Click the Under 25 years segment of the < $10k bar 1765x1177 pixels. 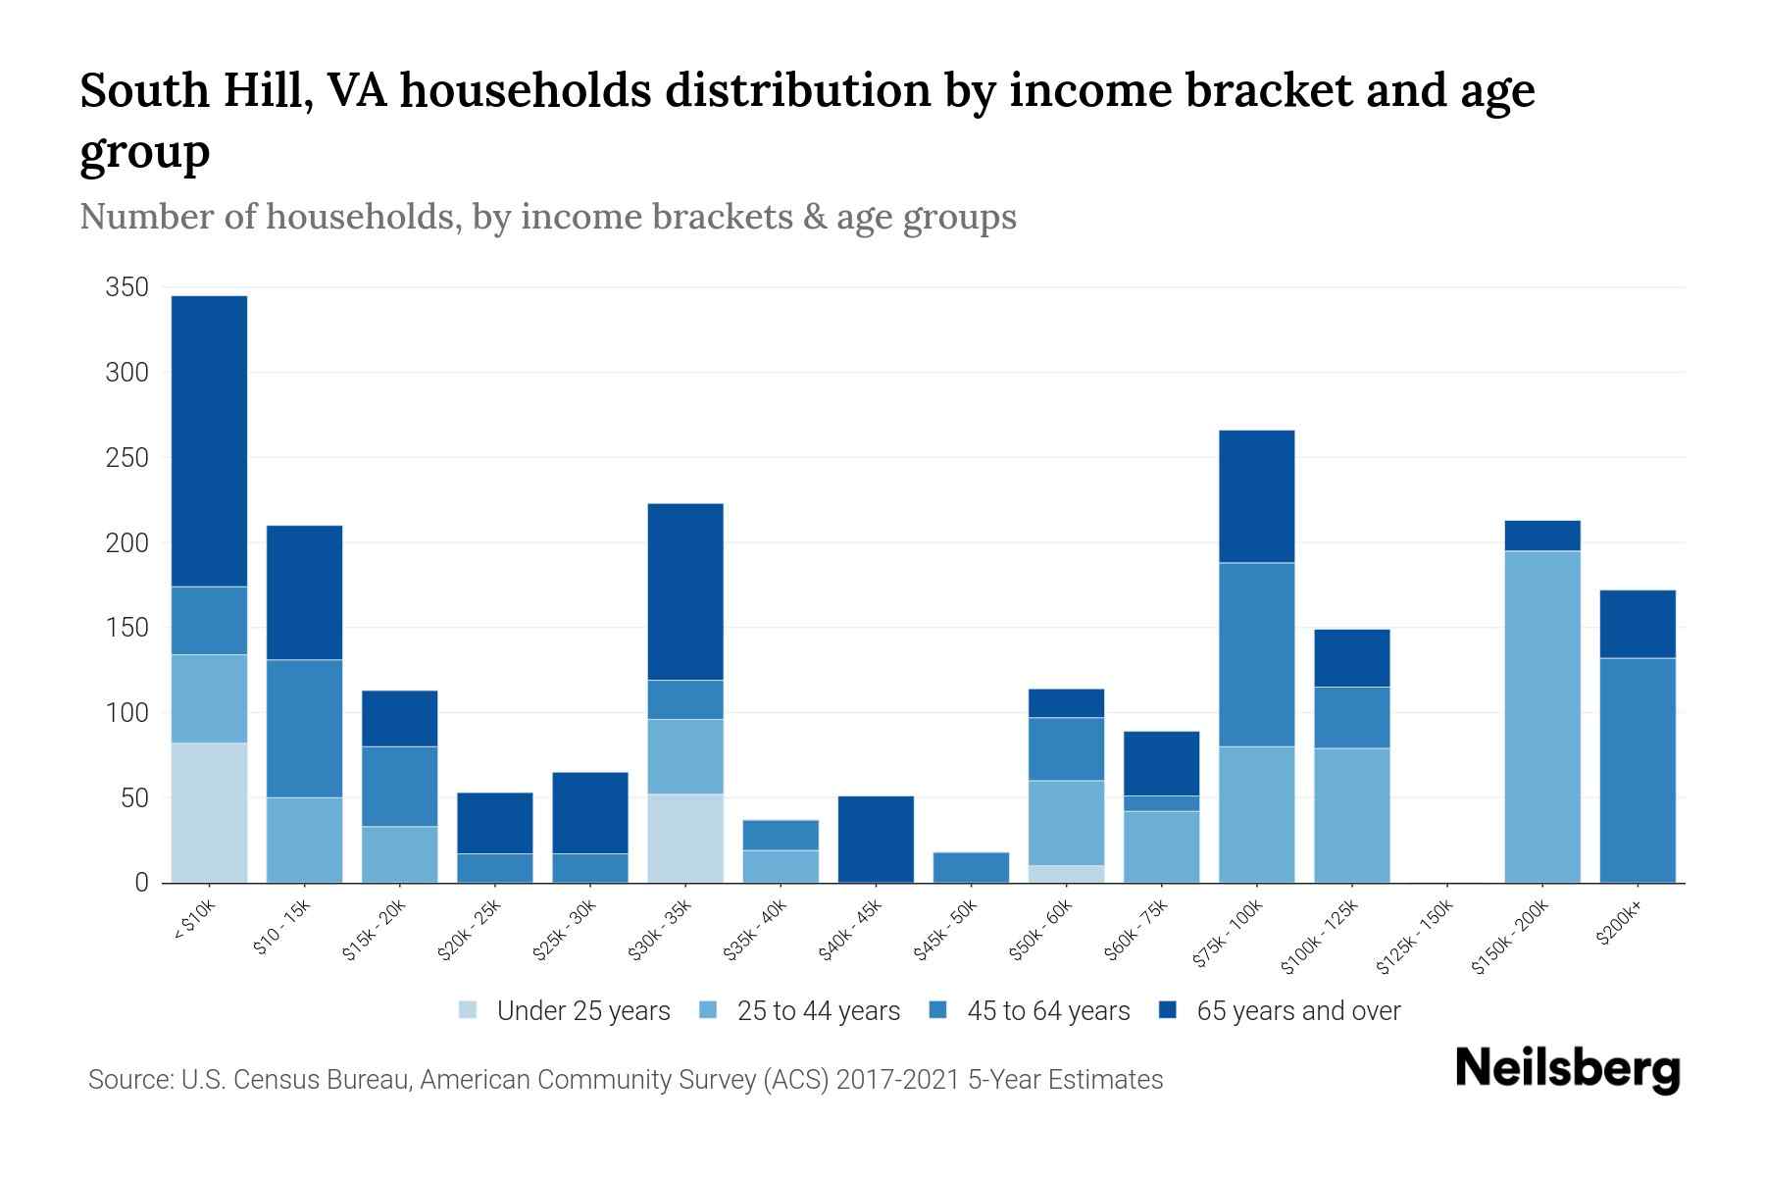209,812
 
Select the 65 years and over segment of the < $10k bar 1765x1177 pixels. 209,440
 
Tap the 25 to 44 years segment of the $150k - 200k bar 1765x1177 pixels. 1542,716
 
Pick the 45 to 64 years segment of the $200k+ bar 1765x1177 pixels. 1638,770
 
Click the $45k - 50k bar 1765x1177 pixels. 971,867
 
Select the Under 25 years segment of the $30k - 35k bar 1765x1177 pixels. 685,838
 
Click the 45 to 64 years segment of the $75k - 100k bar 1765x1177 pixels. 1256,654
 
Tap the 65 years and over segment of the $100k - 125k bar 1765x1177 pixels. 1352,658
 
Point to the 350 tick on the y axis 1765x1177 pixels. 126,287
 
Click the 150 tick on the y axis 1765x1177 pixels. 126,628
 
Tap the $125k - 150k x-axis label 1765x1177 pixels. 1415,936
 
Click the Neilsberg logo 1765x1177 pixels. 1568,1069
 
